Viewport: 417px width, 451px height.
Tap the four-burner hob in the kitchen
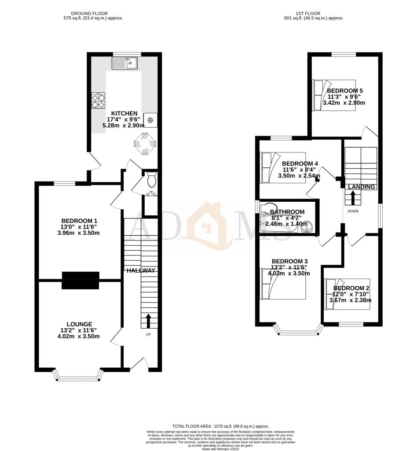tap(98, 101)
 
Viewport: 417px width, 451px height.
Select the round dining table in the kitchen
tap(144, 144)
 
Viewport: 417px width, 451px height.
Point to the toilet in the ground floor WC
tap(151, 180)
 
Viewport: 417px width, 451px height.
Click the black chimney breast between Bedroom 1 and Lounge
tap(80, 280)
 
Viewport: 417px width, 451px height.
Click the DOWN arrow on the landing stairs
tap(354, 197)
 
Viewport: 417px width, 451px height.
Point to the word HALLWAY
tap(141, 270)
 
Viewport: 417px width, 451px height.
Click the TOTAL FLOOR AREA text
tap(220, 426)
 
